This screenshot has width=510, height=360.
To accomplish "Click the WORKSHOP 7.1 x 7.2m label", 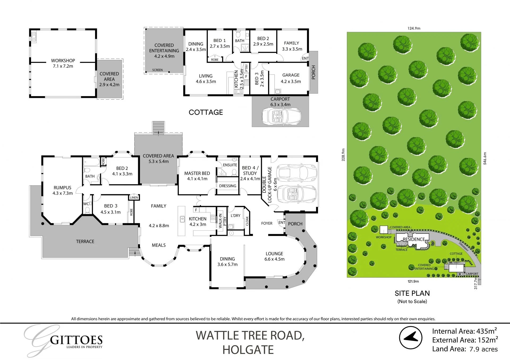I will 63,63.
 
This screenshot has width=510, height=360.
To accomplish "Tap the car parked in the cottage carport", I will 281,116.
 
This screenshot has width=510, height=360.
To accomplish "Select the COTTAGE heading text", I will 206,112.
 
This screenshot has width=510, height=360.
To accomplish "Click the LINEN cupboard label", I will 134,198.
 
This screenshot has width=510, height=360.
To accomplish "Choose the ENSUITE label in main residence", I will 230,165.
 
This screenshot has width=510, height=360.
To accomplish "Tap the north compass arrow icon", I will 411,338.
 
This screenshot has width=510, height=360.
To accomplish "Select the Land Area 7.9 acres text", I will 465,349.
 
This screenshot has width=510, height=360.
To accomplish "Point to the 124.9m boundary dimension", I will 414,28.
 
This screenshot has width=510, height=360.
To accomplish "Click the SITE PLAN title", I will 412,293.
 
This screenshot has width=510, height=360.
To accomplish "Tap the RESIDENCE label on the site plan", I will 414,239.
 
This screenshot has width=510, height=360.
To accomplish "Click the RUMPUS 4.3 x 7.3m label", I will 62,190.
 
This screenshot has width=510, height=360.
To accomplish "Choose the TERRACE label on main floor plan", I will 85,241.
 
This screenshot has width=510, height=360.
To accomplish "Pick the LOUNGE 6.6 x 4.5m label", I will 274,256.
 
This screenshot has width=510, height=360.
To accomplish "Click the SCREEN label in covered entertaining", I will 157,70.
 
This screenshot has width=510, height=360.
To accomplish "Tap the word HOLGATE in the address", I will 248,350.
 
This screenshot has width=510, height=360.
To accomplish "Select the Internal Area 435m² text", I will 464,331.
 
